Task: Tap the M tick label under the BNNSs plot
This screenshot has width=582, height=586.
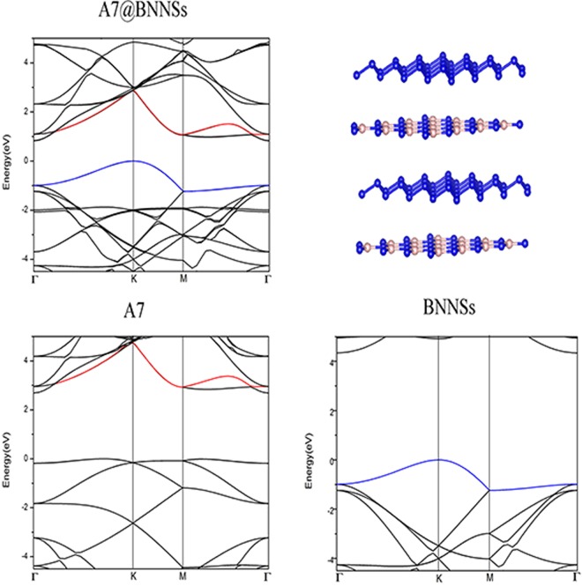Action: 489,579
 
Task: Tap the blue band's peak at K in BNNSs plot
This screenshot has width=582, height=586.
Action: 439,459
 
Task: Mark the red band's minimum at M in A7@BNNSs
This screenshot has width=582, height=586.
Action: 183,135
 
